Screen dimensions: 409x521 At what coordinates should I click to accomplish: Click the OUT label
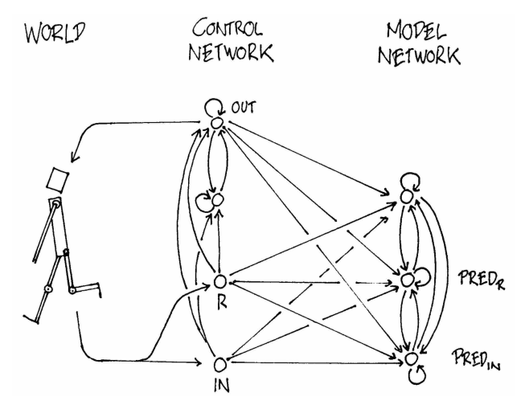(x=244, y=106)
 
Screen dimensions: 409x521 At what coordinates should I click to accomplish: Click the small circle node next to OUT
(x=215, y=121)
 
